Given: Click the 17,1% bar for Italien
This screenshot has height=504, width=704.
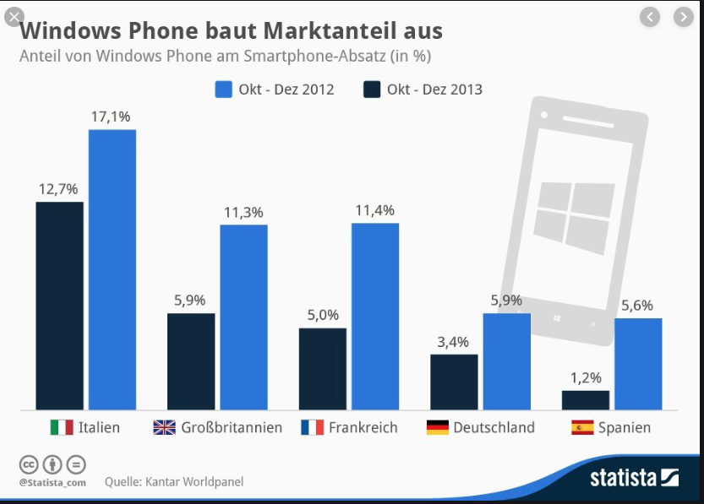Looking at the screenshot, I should (112, 270).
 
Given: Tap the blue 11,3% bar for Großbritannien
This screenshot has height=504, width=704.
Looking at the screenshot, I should (243, 317).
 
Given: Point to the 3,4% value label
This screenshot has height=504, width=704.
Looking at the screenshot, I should (454, 342).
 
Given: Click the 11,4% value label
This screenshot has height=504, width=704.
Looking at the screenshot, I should (374, 210).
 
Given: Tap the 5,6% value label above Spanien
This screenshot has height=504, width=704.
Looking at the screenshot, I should (636, 306).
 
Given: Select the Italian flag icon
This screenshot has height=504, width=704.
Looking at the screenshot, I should (62, 427).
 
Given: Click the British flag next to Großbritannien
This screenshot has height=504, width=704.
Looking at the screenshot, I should (164, 427).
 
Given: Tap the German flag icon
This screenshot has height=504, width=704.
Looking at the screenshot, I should (437, 427).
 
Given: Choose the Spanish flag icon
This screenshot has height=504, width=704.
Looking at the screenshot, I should (582, 427).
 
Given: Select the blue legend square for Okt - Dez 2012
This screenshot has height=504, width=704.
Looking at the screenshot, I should (224, 89).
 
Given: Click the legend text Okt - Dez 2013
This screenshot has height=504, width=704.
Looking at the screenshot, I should (434, 89).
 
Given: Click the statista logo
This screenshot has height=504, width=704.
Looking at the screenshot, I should (634, 477).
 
